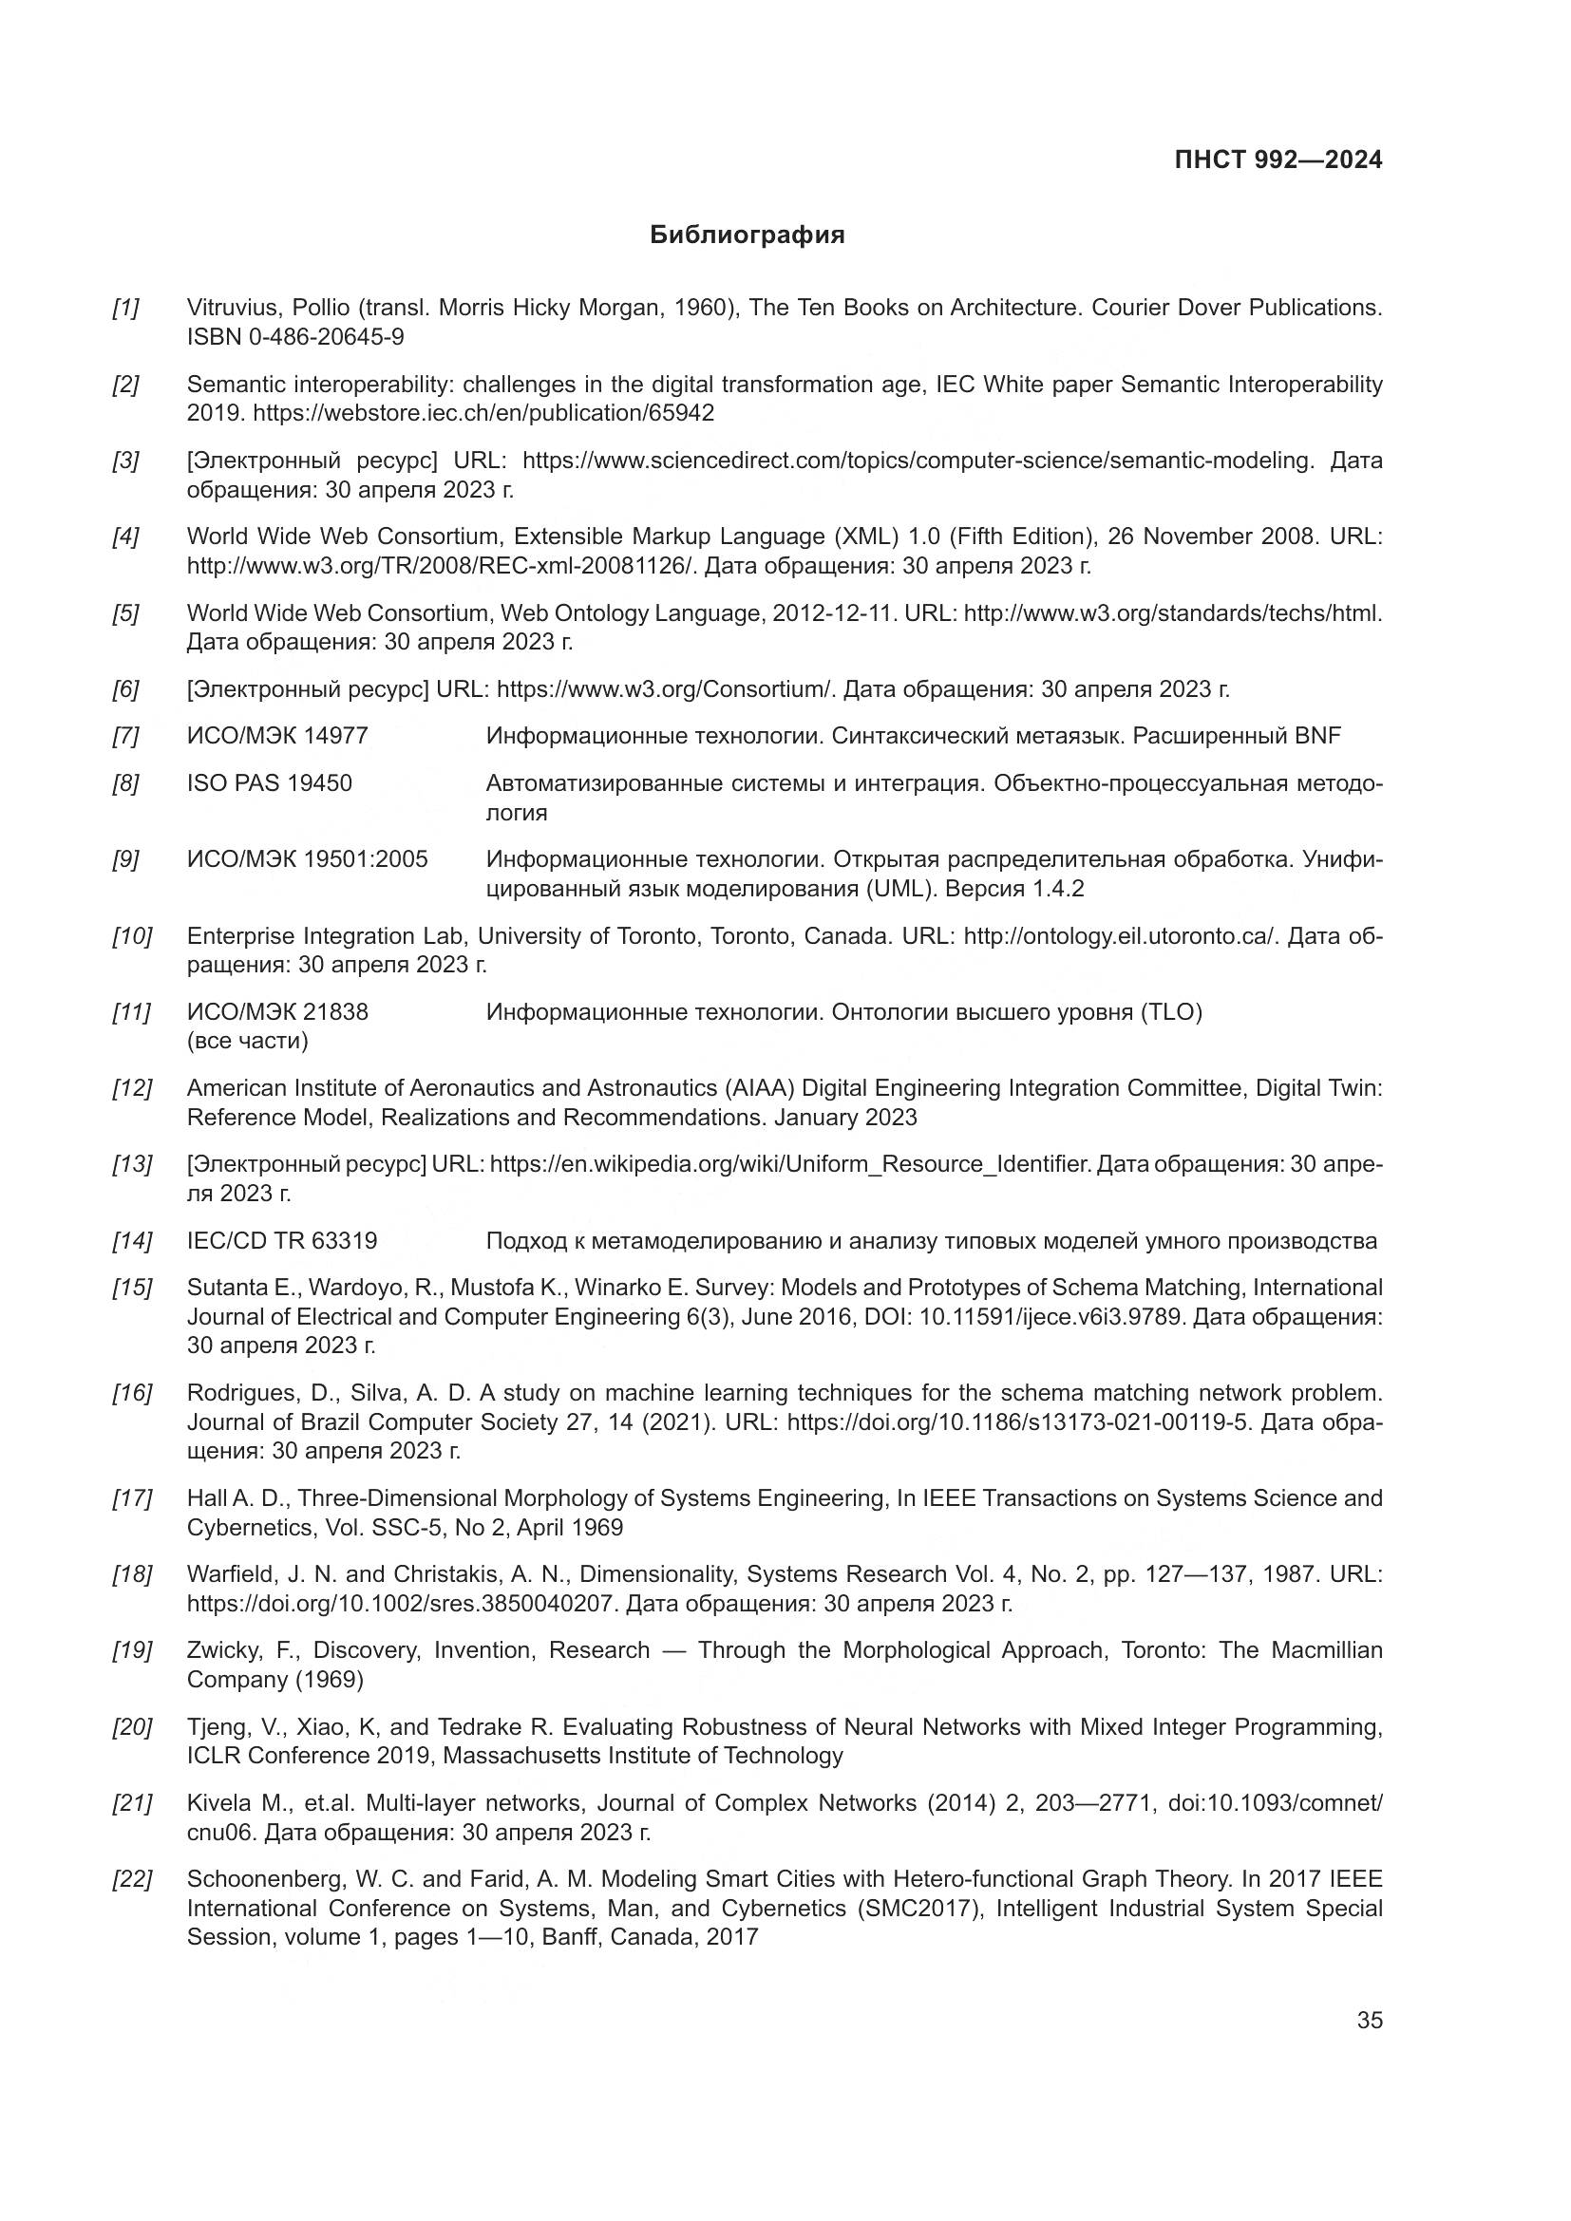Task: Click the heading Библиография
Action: pyautogui.click(x=747, y=235)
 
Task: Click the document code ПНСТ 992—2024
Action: pyautogui.click(x=1278, y=160)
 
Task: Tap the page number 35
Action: pyautogui.click(x=1369, y=2020)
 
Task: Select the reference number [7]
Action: pyautogui.click(x=125, y=736)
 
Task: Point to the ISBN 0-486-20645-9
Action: pyautogui.click(x=295, y=338)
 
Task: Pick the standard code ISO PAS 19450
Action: pyautogui.click(x=269, y=783)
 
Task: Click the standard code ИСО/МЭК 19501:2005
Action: pyautogui.click(x=307, y=860)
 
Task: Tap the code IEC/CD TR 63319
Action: pyautogui.click(x=281, y=1241)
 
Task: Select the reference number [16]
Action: pyautogui.click(x=132, y=1393)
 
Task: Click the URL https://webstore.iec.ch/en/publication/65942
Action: pyautogui.click(x=483, y=414)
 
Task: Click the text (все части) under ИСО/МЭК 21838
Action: pyautogui.click(x=248, y=1042)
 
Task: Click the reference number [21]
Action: pyautogui.click(x=132, y=1803)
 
